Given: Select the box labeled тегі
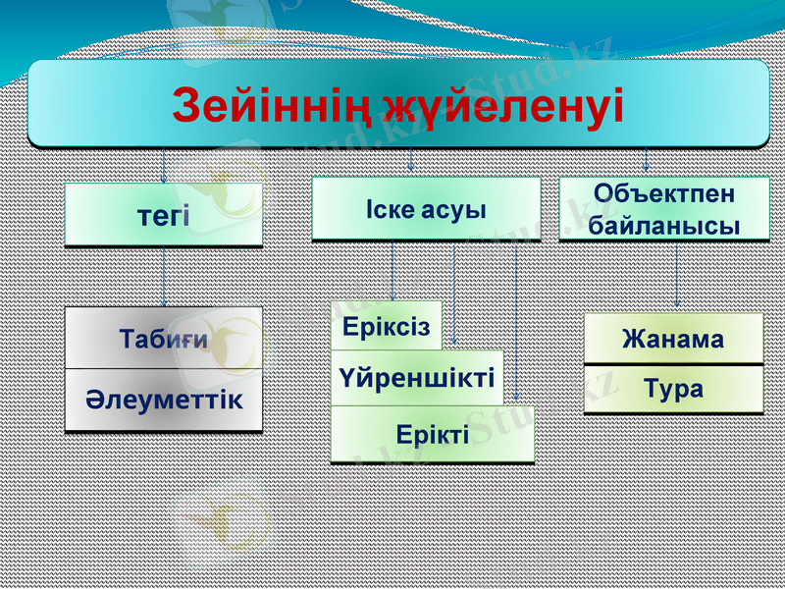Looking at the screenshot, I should coord(164,215).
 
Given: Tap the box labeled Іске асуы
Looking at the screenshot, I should coord(426,209).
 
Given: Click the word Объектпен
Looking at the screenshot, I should coord(663,193).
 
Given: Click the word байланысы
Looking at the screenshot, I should coord(663,225).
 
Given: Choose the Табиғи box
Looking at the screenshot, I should coord(164,339).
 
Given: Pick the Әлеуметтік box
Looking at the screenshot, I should coord(164,401).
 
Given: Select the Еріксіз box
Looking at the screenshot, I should coord(386,327).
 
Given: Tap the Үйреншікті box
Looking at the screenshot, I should coord(417,377).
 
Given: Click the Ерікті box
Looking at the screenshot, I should coord(433,434).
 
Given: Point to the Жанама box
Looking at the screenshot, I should coord(673,340).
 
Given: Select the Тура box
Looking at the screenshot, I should coord(673,389).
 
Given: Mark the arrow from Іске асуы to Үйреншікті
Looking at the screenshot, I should coord(454,294).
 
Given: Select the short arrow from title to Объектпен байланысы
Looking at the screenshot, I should coord(646,160).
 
